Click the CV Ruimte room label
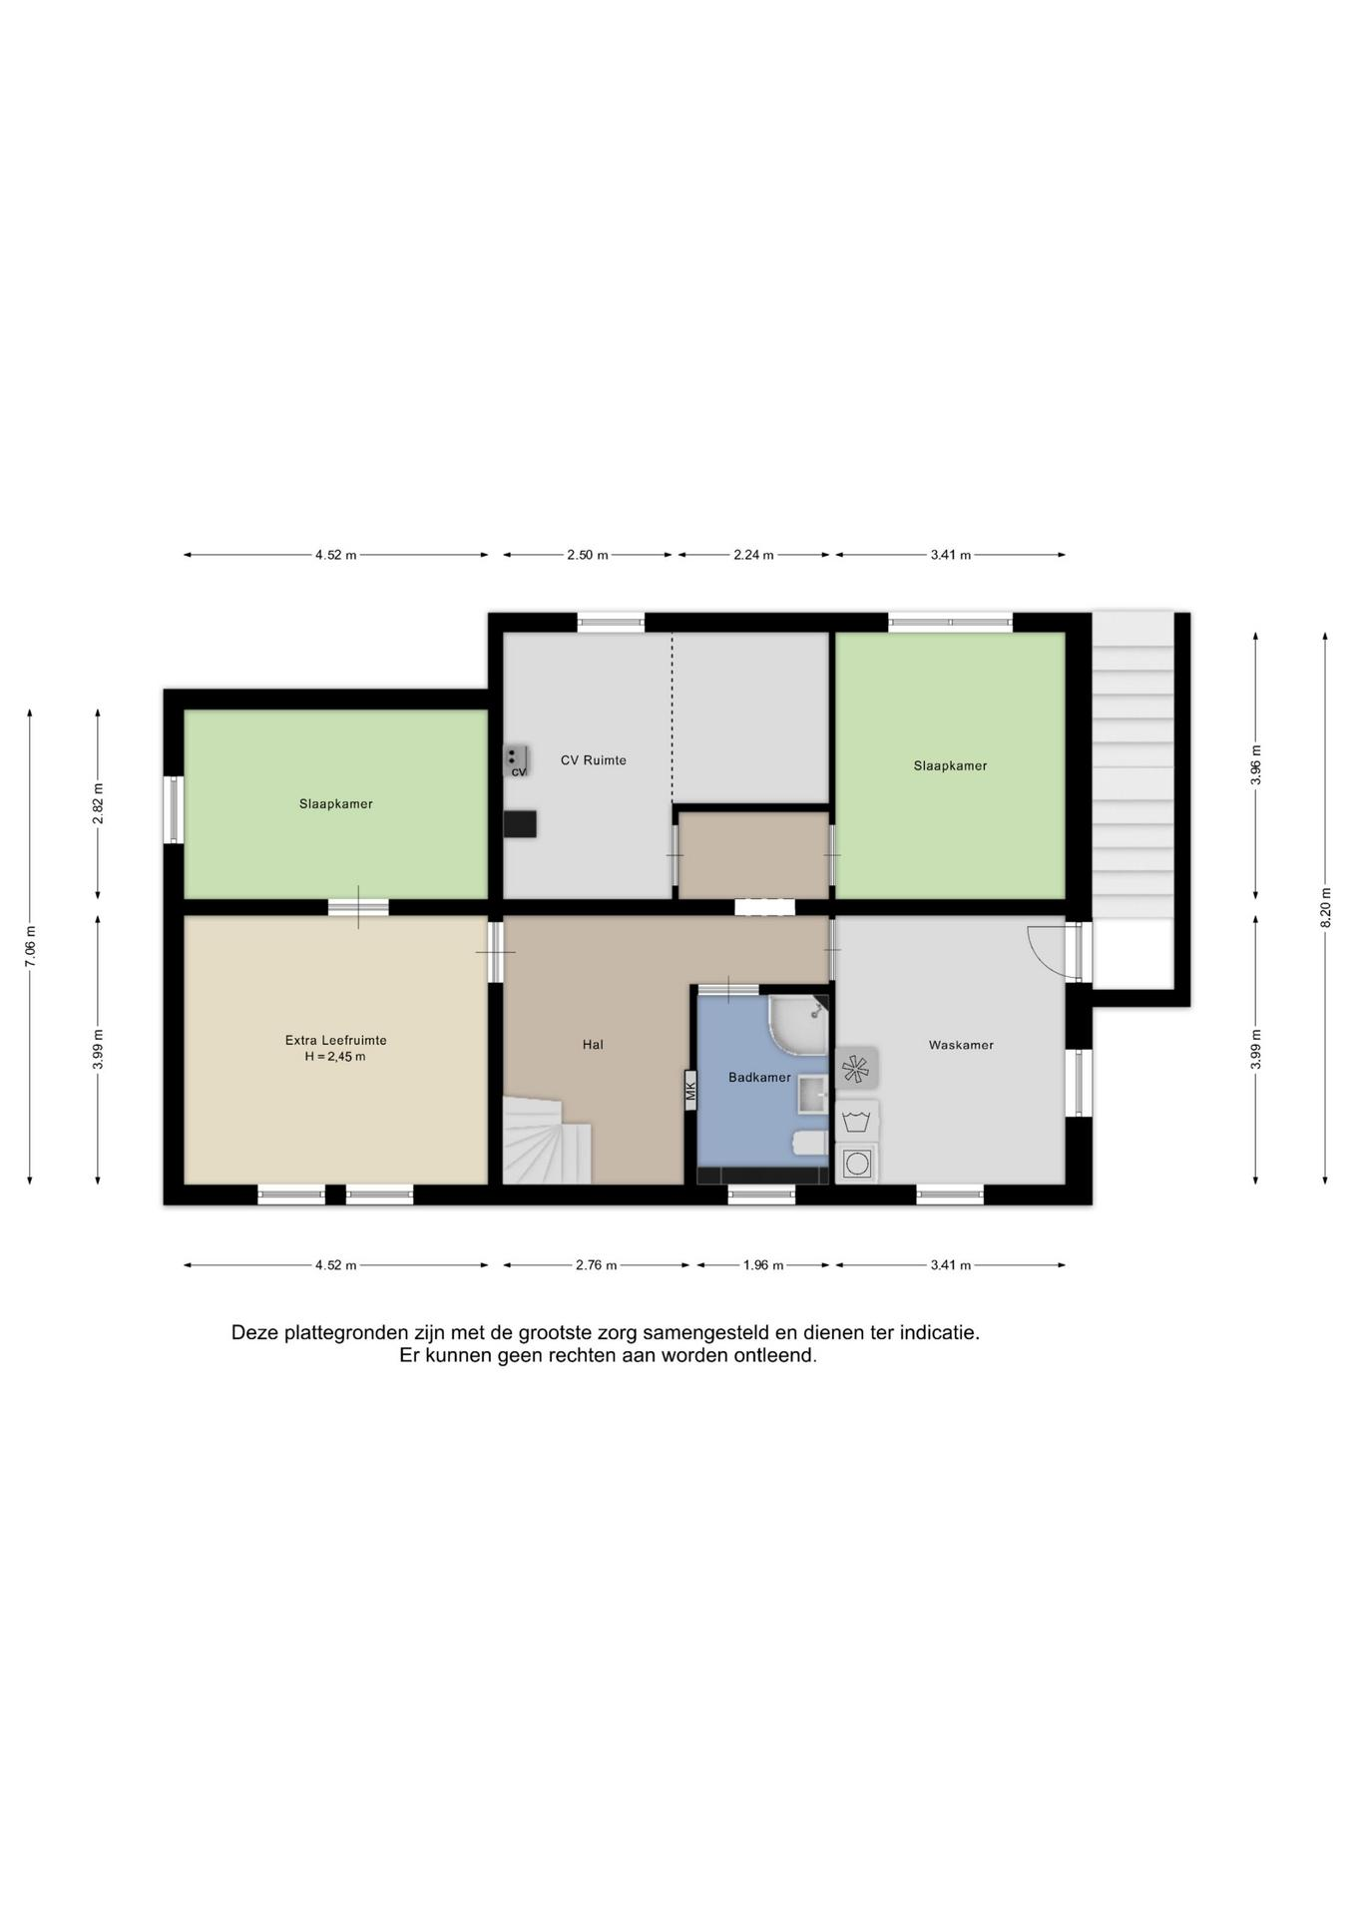593,760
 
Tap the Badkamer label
759,1078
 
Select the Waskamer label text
961,1045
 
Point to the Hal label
593,1045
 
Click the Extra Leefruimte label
335,1040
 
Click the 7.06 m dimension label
30,945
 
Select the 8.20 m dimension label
1325,907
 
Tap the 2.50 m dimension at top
587,555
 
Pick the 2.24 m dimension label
753,555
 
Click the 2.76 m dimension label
596,1265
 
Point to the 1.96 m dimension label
763,1265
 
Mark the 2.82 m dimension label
98,803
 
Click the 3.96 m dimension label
1256,765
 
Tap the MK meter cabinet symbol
690,1089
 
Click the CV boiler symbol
516,760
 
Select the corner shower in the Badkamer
798,1024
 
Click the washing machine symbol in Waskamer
856,1163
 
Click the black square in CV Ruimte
520,823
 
